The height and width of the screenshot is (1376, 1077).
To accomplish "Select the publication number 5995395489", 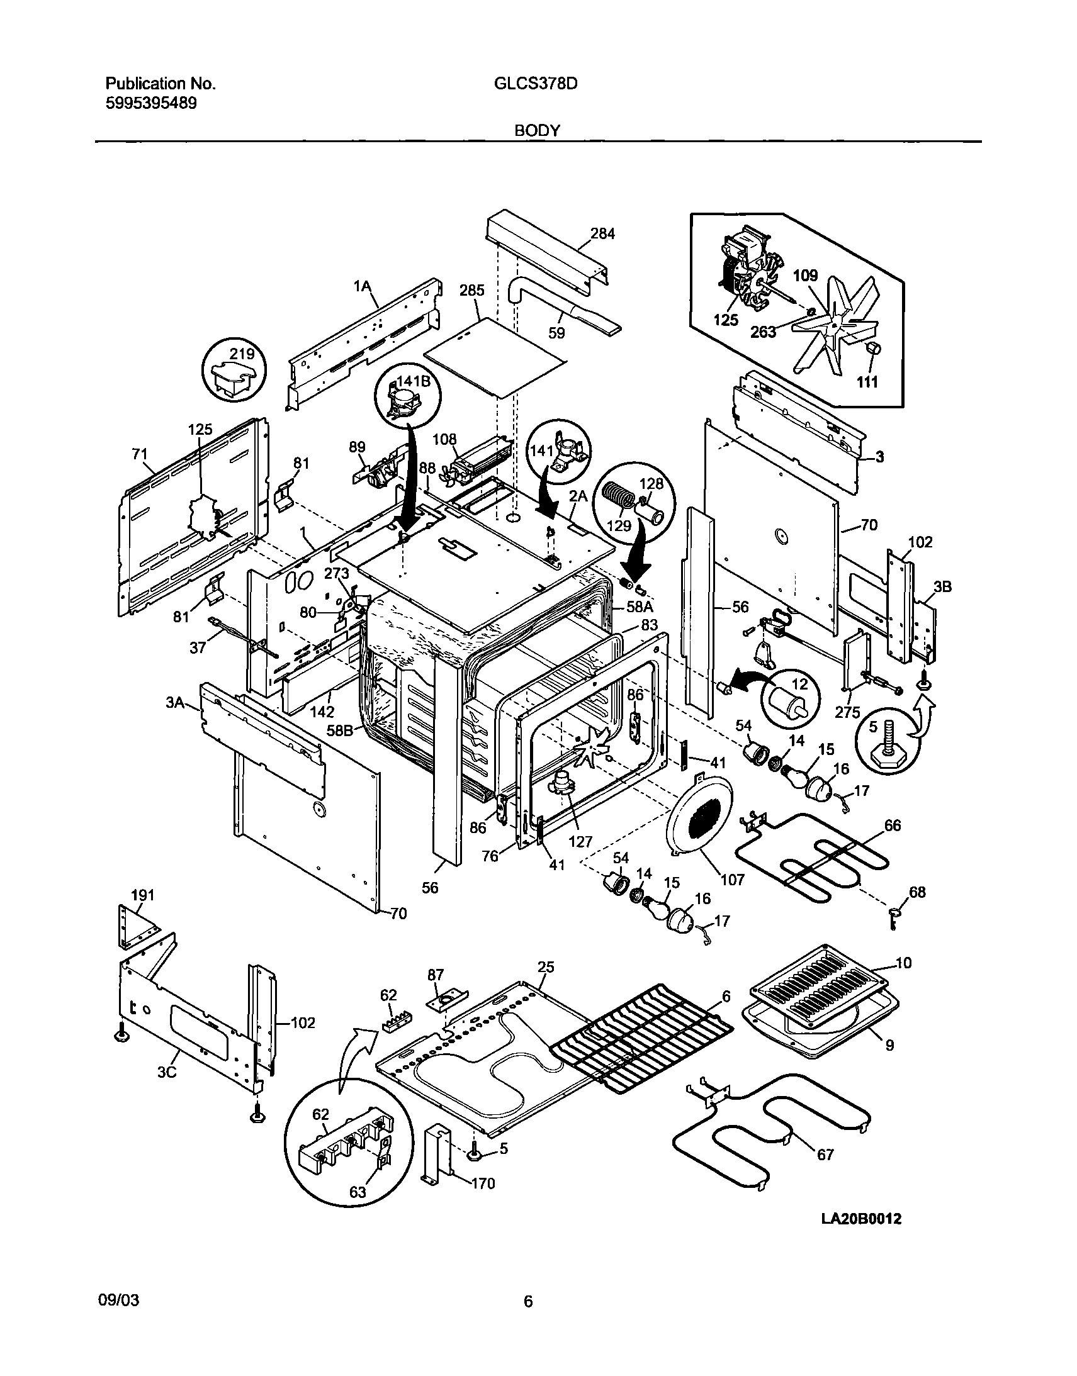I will coord(150,103).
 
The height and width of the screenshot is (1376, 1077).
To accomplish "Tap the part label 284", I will coord(602,233).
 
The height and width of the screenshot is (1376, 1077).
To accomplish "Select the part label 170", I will coord(483,1183).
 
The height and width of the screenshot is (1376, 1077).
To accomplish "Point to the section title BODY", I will coord(537,130).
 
